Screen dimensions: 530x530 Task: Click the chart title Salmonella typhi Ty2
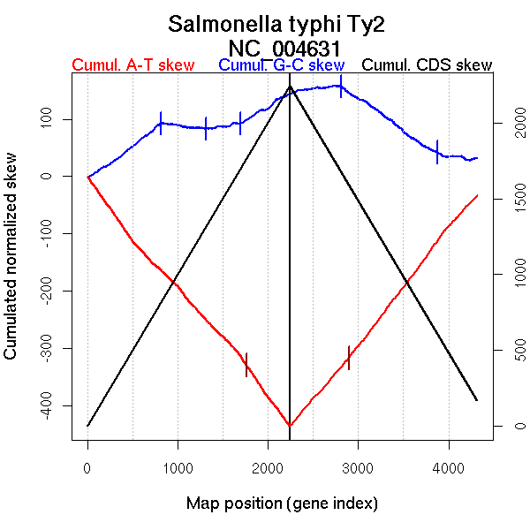point(277,24)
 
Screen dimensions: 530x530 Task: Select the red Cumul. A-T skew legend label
point(132,66)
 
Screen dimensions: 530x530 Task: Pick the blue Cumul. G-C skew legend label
point(281,66)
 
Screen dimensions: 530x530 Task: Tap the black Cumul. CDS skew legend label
point(428,66)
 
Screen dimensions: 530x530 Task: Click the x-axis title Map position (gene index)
point(282,503)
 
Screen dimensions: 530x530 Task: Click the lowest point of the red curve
point(291,426)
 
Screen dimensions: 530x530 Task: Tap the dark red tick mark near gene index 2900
point(349,358)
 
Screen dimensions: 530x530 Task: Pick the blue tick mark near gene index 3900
point(437,152)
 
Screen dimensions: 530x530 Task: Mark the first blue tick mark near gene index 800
point(161,123)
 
